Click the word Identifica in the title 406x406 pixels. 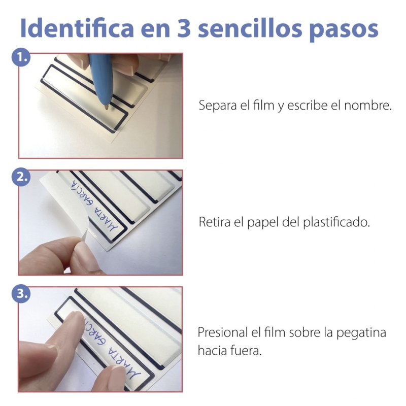(x=77, y=28)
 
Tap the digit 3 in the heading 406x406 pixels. (x=184, y=28)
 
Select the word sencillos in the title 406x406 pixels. (x=250, y=28)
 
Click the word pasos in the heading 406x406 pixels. (x=344, y=30)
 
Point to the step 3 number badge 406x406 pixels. (x=21, y=294)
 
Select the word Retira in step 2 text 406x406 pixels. (x=214, y=222)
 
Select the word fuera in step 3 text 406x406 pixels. (x=248, y=351)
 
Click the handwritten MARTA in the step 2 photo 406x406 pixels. (x=103, y=218)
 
